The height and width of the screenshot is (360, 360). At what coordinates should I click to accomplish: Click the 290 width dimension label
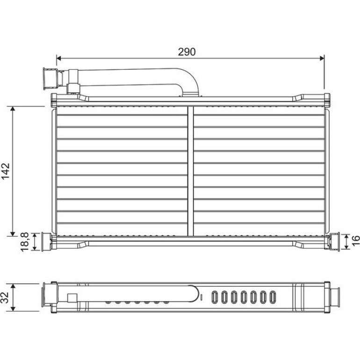click(187, 52)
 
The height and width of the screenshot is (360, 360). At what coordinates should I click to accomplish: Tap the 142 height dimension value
click(6, 171)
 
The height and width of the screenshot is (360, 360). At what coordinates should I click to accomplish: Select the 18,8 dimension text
click(25, 242)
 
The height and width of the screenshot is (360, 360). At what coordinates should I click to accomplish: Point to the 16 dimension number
click(355, 241)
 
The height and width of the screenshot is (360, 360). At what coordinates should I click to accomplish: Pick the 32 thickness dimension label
click(5, 297)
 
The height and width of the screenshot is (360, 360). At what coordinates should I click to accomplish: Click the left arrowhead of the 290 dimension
click(59, 58)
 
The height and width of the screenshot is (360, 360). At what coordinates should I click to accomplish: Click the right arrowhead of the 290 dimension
click(322, 58)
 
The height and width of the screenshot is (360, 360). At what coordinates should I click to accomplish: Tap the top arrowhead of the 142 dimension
click(13, 108)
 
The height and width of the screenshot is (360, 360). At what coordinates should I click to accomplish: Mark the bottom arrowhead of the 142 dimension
click(13, 234)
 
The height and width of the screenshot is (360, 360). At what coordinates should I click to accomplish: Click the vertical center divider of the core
click(191, 171)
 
